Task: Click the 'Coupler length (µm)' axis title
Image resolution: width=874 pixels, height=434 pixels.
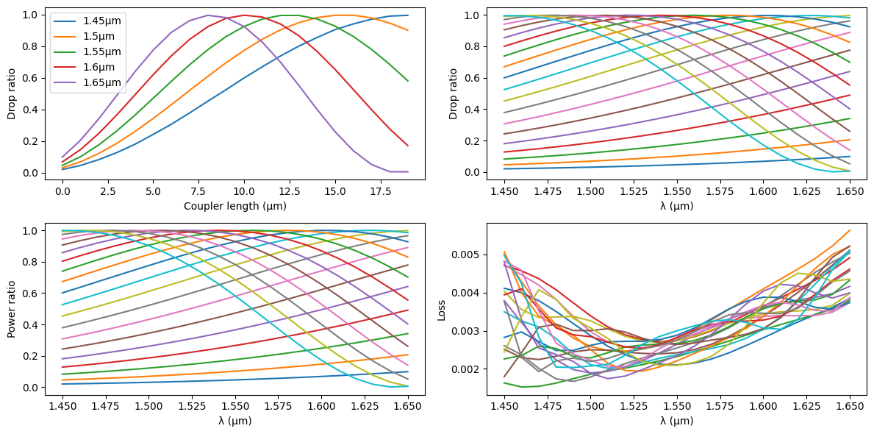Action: [235, 206]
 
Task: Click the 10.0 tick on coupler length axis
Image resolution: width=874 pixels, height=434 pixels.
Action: [244, 191]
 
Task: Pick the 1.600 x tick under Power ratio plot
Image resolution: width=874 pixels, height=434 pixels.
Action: [320, 405]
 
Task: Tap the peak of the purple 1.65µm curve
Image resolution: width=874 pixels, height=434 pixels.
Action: [208, 15]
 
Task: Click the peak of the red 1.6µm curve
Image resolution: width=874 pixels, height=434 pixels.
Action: [244, 15]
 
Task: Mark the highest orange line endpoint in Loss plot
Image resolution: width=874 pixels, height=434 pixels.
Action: [850, 230]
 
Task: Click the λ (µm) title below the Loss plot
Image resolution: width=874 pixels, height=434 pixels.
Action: [676, 421]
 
